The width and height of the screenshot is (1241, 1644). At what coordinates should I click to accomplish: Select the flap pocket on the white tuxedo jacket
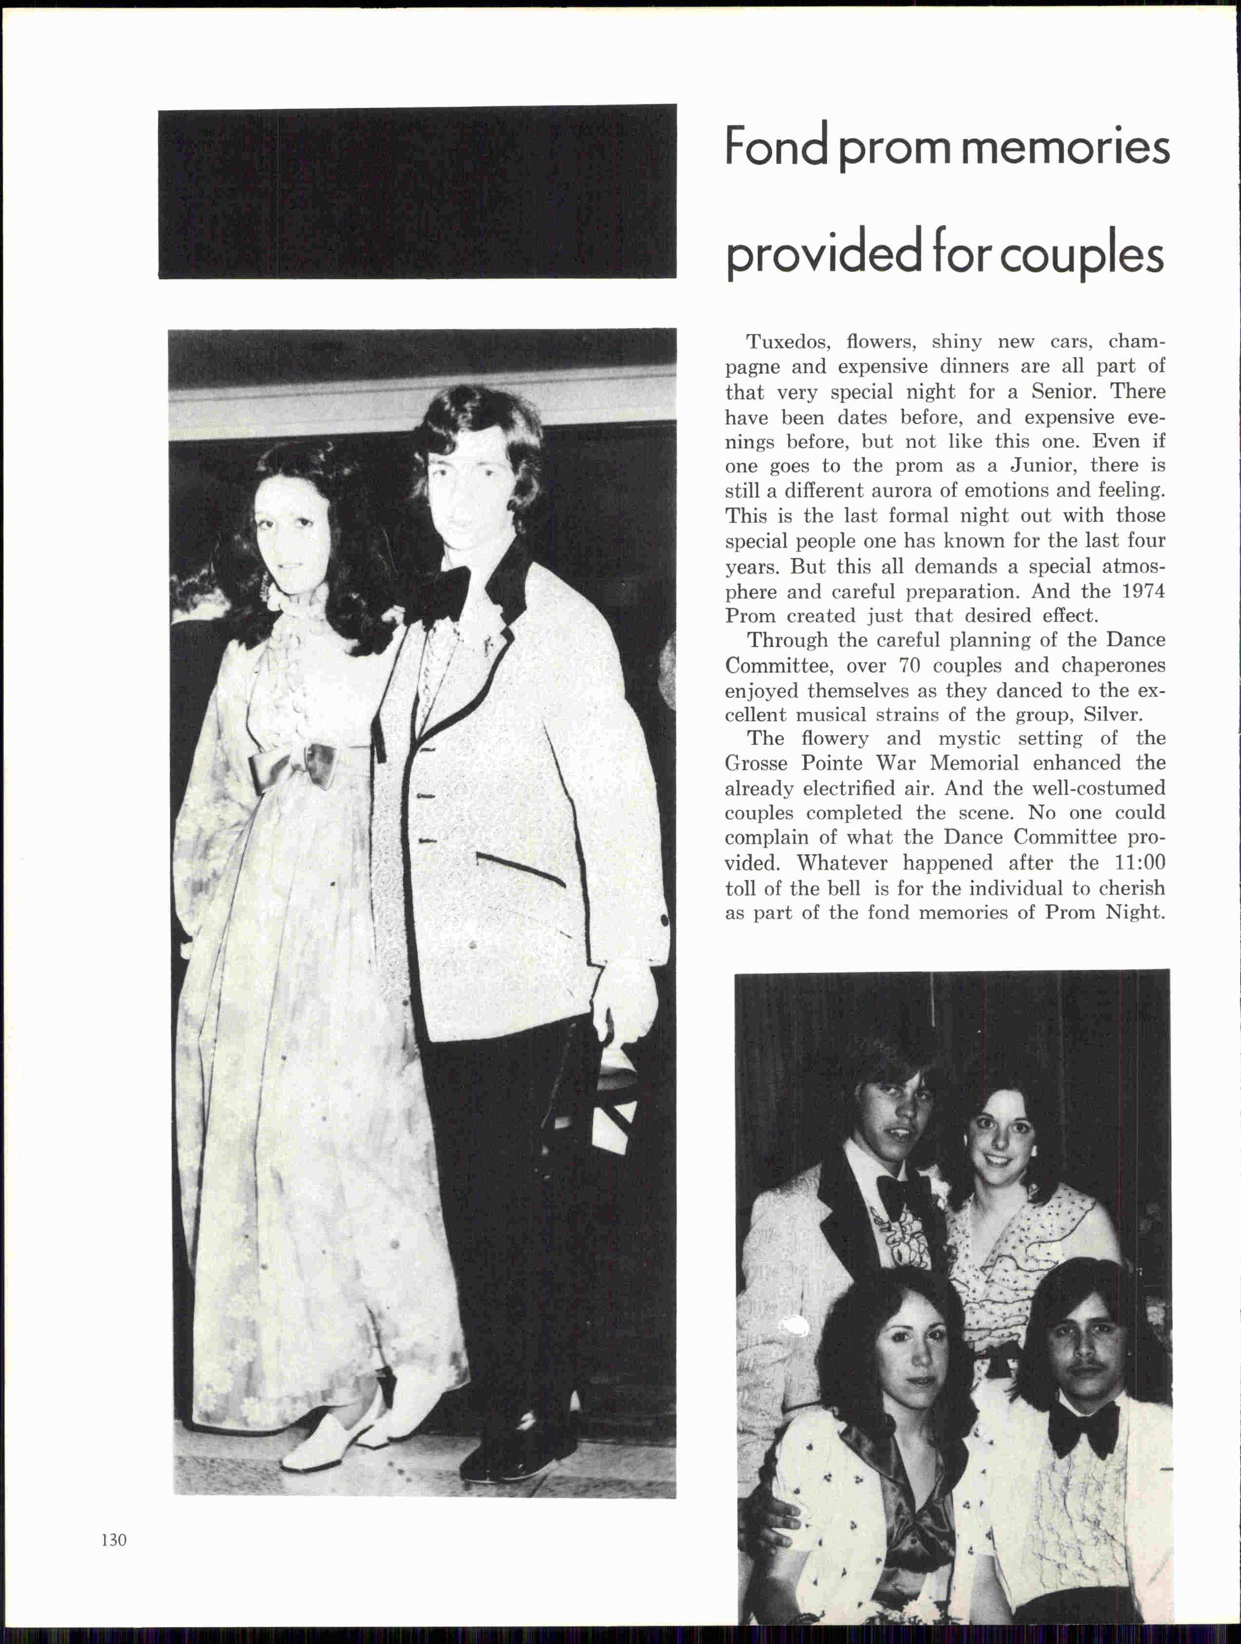point(520,868)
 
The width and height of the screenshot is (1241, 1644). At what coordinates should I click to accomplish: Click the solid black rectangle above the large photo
point(417,193)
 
